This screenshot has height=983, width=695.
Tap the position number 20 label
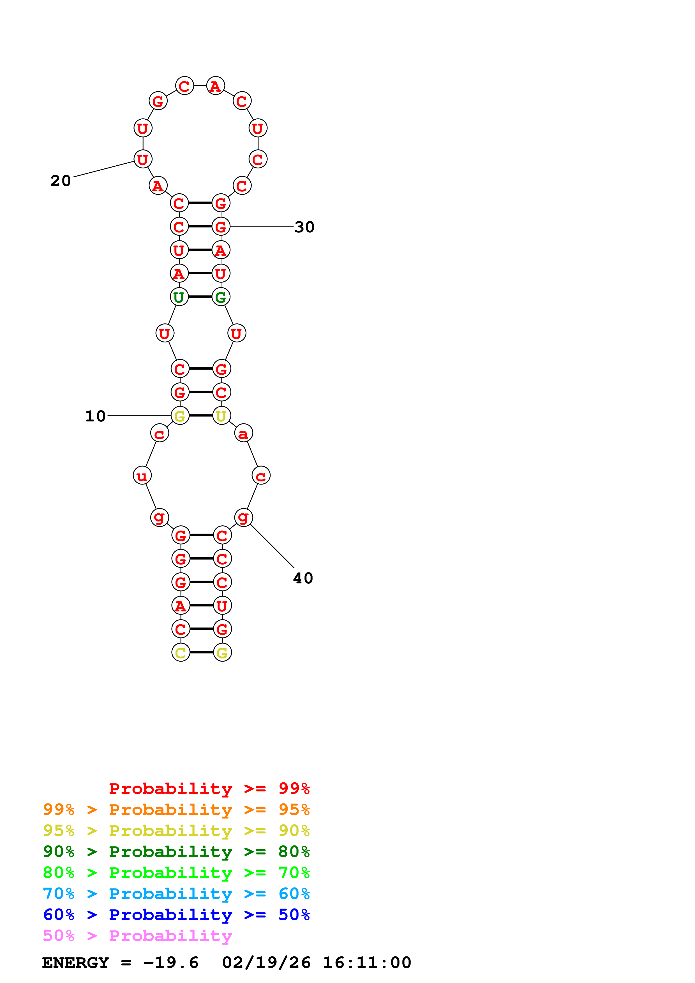60,181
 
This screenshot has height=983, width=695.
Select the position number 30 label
304,227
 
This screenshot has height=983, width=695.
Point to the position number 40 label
303,578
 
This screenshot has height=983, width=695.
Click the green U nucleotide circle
179,297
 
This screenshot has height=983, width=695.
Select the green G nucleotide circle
221,297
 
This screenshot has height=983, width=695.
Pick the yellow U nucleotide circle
221,415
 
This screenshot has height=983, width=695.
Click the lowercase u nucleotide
142,476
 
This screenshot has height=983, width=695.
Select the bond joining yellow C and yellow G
201,652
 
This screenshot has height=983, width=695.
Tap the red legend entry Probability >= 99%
209,789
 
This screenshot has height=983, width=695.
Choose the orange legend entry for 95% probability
176,810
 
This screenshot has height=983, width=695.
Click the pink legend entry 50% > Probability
137,936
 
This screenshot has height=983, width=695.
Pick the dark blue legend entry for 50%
176,915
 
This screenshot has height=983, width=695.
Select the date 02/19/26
266,963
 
